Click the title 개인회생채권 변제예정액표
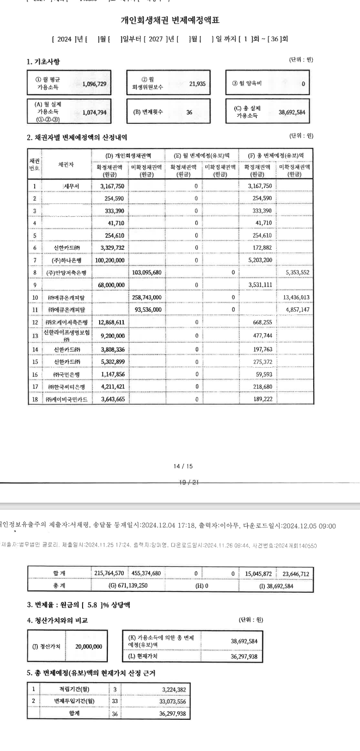pyautogui.click(x=171, y=21)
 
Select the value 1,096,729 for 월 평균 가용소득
pyautogui.click(x=94, y=84)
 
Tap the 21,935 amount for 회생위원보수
pyautogui.click(x=197, y=84)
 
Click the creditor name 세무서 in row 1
pyautogui.click(x=70, y=186)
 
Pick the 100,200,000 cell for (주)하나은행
pyautogui.click(x=110, y=260)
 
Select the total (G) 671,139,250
pyautogui.click(x=128, y=586)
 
